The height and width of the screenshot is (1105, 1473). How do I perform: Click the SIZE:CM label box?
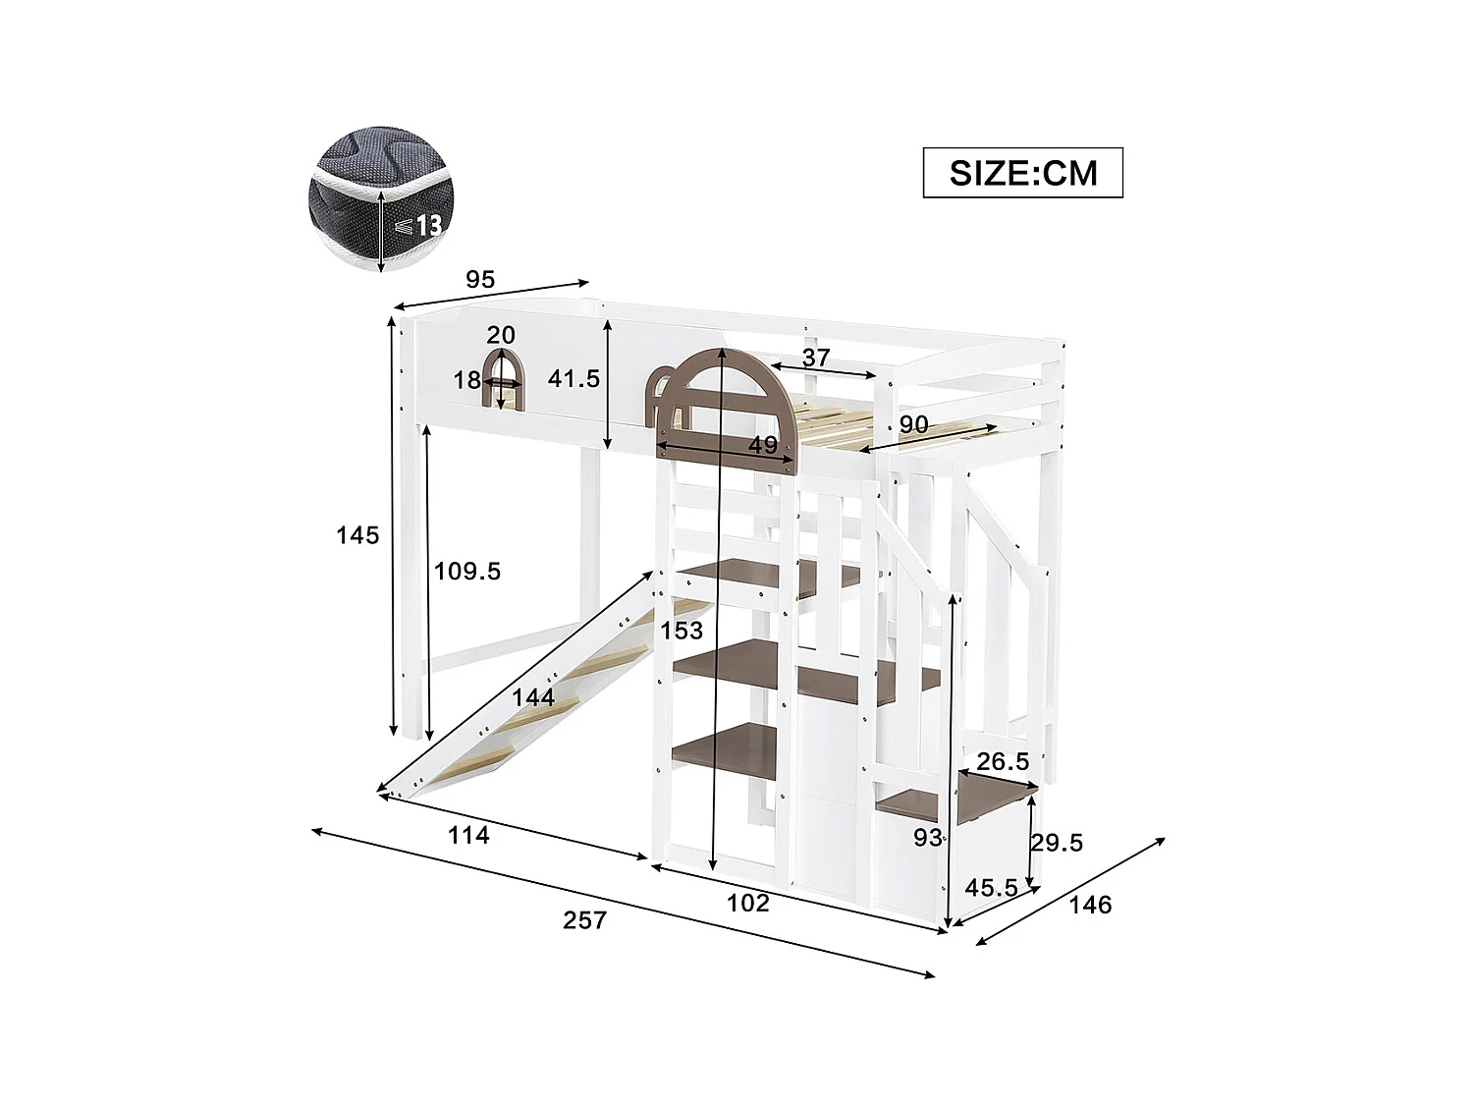point(1022,173)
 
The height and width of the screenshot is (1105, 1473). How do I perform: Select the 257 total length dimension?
point(584,920)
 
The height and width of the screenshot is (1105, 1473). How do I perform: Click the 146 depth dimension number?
point(1090,905)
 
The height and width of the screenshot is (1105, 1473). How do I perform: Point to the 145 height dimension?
point(357,535)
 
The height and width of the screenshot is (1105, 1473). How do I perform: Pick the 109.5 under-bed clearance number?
point(467,571)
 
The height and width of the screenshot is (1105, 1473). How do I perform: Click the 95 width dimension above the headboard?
point(480,280)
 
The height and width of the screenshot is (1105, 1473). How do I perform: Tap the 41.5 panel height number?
point(573,378)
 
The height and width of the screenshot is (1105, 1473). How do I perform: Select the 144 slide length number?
point(533,698)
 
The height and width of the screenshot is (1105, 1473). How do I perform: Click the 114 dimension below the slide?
point(468,836)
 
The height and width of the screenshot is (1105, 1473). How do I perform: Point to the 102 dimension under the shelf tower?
point(748,903)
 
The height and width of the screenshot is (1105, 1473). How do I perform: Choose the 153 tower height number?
point(682,631)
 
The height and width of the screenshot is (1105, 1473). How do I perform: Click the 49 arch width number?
point(763,445)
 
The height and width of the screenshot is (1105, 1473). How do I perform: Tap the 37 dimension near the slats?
point(815,359)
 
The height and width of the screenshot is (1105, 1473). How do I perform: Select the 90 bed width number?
point(913,425)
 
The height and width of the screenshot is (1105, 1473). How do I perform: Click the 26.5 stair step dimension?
point(1003,762)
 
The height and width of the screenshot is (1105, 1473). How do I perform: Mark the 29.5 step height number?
point(1057,843)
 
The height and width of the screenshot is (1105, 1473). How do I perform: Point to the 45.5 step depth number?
point(991,888)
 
